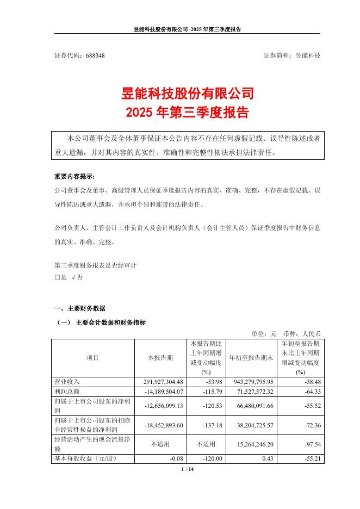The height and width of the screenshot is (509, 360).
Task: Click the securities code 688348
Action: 92,56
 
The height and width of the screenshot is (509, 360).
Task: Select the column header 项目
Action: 92,358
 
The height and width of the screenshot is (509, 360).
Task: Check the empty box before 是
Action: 57,277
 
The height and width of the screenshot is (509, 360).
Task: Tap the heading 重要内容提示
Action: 73,177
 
